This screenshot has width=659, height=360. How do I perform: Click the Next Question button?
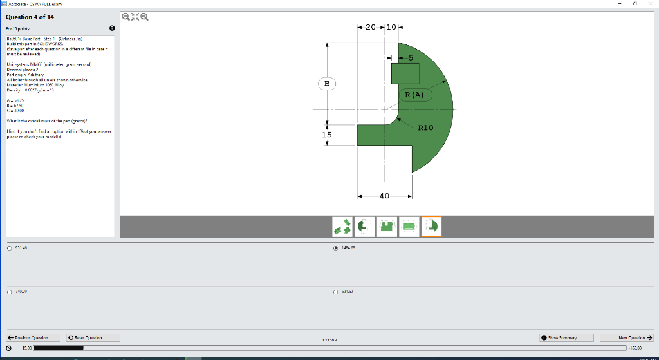(x=626, y=337)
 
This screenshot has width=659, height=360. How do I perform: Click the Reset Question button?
(x=86, y=337)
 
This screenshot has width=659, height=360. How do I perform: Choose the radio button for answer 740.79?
(x=9, y=292)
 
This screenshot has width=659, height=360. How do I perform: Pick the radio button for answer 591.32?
(x=336, y=292)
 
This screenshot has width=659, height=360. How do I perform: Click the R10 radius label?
(x=426, y=128)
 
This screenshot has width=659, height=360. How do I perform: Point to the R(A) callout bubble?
(x=414, y=95)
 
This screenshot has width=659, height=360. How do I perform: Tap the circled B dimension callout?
(x=326, y=84)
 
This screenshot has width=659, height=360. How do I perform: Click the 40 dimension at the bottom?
(x=384, y=196)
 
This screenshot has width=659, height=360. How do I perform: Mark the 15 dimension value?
(x=327, y=135)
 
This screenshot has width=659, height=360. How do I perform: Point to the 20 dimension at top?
(x=371, y=28)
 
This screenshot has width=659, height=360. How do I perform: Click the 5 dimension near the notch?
(x=410, y=58)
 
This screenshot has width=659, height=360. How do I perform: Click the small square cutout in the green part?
(x=405, y=73)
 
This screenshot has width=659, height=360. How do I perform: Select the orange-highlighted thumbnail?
(x=432, y=226)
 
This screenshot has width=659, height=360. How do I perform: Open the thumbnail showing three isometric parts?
(x=342, y=226)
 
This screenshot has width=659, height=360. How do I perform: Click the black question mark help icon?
(x=112, y=28)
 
